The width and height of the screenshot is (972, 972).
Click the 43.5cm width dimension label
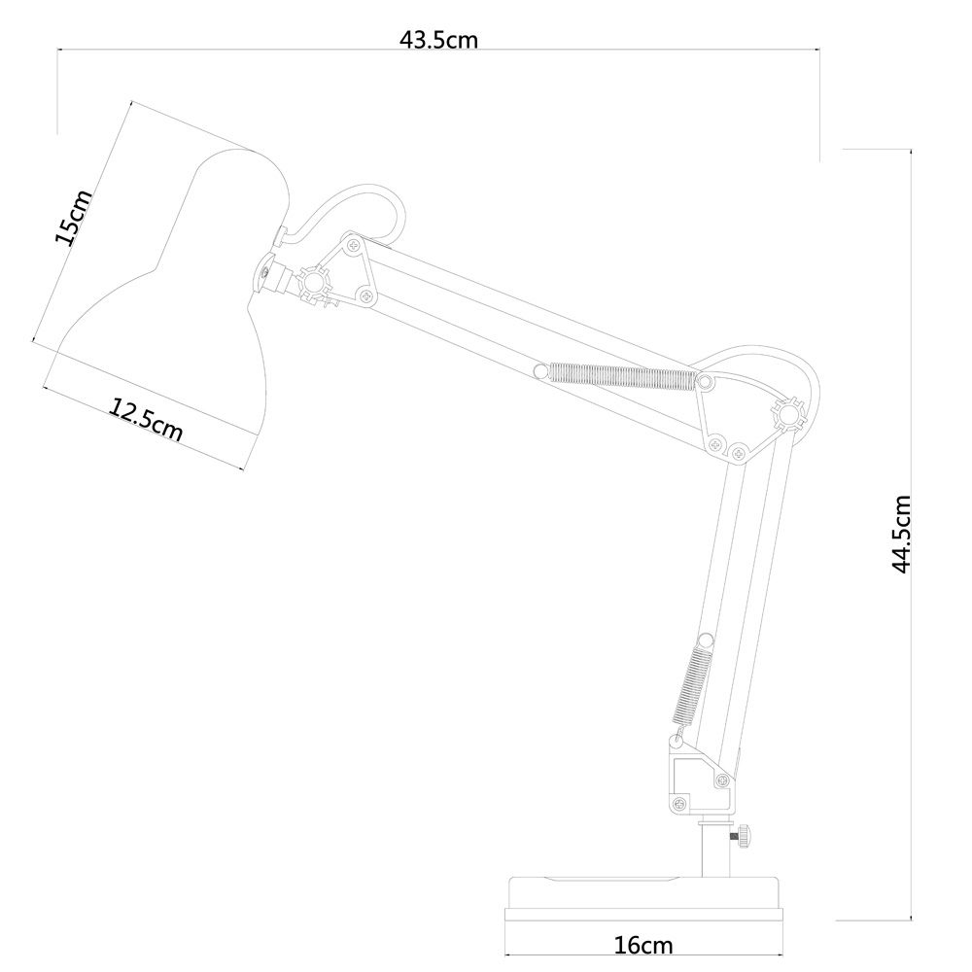pos(438,40)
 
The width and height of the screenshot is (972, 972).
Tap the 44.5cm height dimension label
pos(901,534)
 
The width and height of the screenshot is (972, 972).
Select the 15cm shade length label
pos(74,218)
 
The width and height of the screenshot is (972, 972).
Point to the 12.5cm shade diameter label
pos(146,421)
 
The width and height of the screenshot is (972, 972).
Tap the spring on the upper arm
pos(622,376)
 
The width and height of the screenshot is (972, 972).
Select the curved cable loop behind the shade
pos(355,209)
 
